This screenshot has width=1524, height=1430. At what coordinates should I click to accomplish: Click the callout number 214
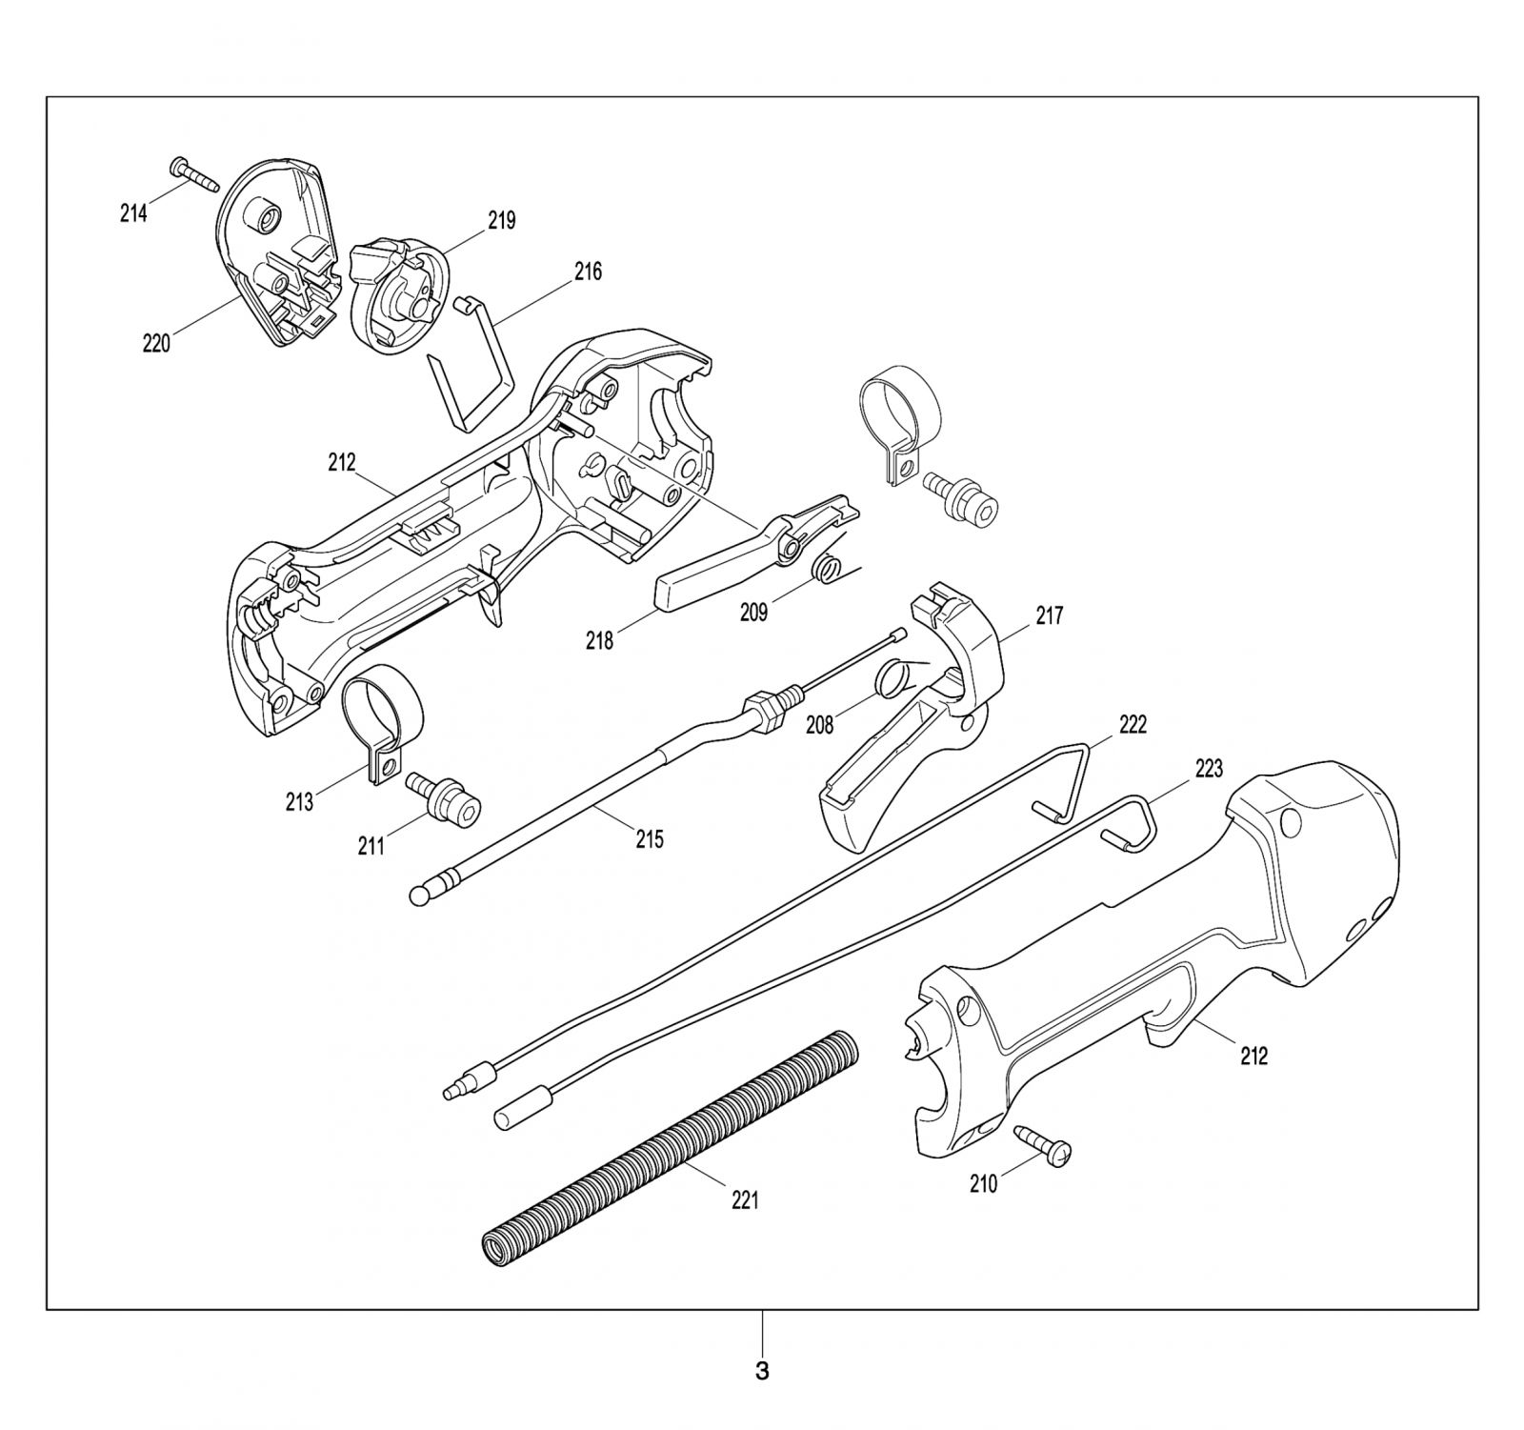pos(133,213)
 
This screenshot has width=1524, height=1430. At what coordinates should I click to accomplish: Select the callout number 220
pos(156,344)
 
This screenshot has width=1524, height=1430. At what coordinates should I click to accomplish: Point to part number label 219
pos(502,221)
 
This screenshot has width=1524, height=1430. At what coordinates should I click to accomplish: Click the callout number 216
pos(588,272)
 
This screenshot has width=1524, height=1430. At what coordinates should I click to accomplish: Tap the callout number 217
pos(1049,616)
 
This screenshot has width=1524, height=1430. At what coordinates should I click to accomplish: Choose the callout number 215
pos(650,839)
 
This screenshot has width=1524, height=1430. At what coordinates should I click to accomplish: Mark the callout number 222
pos(1133,725)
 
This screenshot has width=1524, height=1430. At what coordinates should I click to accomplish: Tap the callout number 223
pos(1208,768)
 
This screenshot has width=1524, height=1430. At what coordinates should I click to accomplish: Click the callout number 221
pos(745,1201)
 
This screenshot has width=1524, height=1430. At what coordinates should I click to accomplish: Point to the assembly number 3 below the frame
pos(762,1372)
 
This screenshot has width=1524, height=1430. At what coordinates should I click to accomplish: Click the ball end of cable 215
pos(417,896)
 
